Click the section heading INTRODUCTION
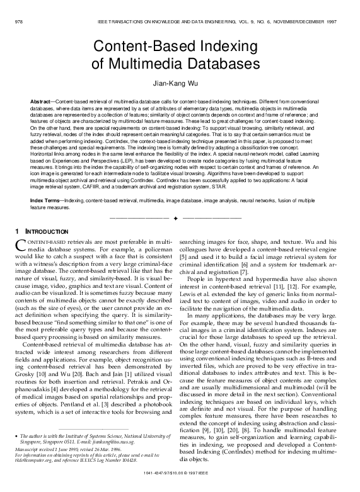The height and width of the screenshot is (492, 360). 46,232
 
